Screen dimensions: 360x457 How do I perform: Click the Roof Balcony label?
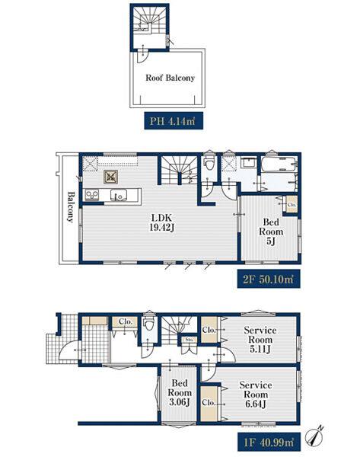click(x=170, y=78)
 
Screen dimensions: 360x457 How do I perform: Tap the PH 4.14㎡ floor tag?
click(x=173, y=120)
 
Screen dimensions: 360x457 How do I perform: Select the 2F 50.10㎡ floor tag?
click(x=269, y=279)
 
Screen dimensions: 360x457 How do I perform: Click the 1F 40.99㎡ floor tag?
click(x=269, y=442)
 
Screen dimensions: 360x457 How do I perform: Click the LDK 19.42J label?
click(x=162, y=222)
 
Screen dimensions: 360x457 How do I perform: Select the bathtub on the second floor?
click(x=279, y=165)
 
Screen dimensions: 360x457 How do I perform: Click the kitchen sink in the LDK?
click(x=119, y=195)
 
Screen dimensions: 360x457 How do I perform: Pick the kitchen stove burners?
click(x=92, y=195)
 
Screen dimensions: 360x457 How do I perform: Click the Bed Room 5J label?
click(x=271, y=232)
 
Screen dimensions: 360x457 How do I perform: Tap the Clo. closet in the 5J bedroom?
click(x=292, y=204)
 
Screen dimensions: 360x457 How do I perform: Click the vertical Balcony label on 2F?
click(x=71, y=206)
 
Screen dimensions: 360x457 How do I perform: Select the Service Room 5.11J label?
click(x=260, y=340)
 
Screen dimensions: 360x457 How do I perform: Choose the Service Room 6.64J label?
click(x=256, y=395)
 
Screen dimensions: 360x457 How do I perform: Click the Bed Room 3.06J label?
click(x=180, y=392)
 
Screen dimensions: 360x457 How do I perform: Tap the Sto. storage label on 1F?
click(x=190, y=340)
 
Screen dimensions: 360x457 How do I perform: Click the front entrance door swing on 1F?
click(x=68, y=352)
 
